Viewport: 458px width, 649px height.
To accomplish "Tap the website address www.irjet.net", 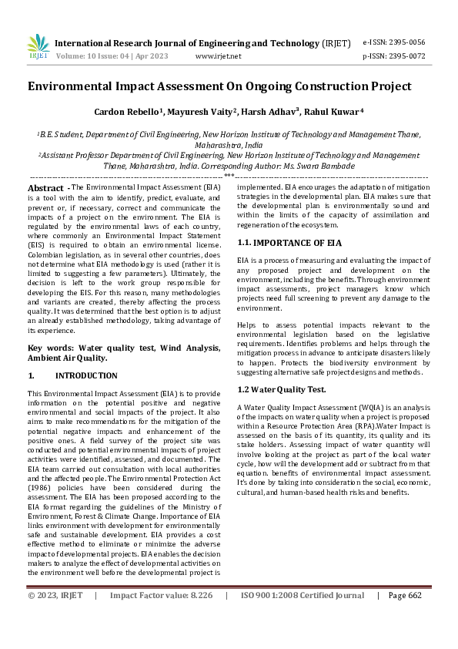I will coord(219,56).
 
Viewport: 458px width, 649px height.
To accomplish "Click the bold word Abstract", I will coord(45,188).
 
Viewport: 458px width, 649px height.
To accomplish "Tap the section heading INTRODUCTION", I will coord(86,376).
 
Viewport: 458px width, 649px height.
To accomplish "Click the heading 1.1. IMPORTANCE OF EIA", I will coord(289,243).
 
